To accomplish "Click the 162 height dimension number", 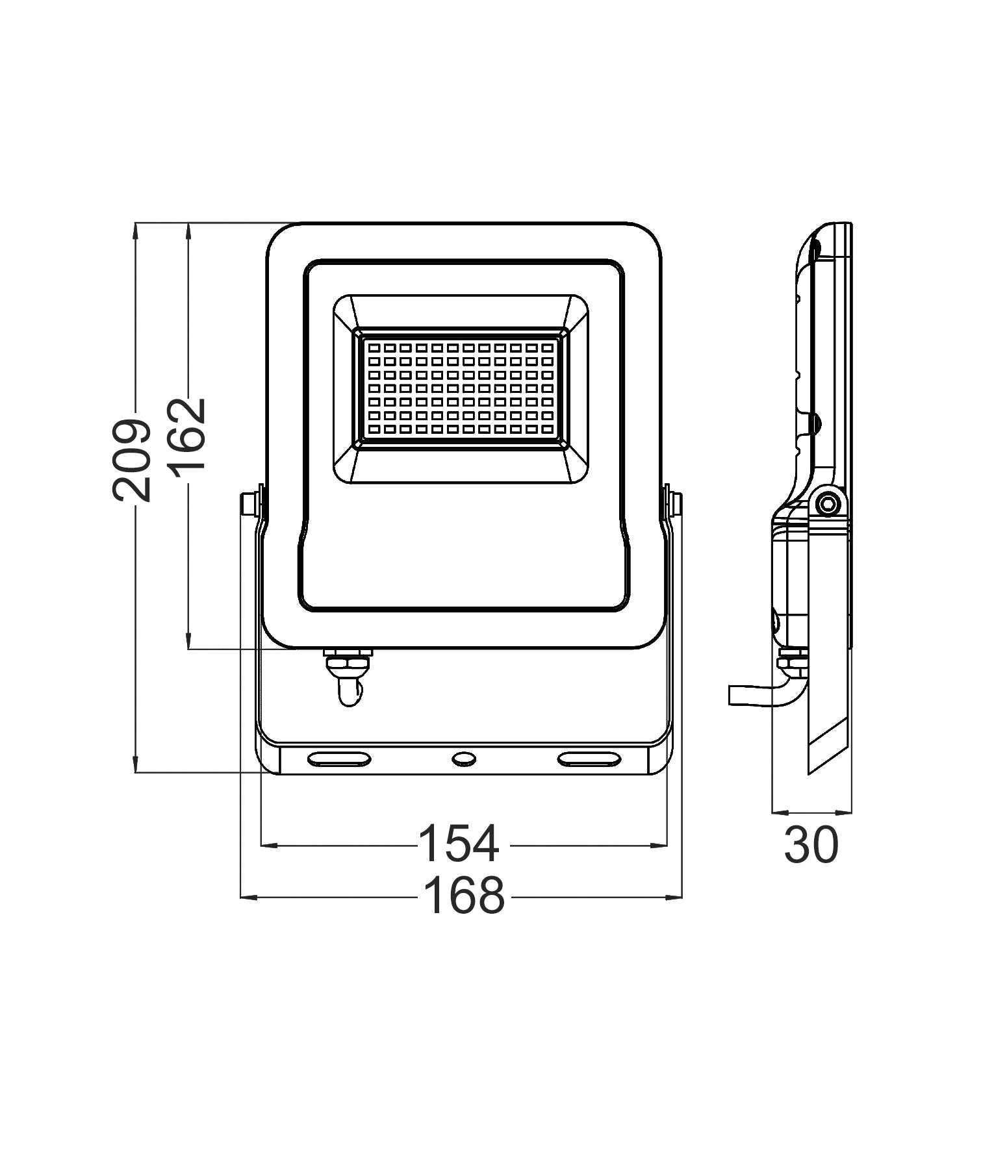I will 188,434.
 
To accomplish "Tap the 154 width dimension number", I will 459,844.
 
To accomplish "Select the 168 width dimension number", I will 463,896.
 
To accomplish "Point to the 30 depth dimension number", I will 811,846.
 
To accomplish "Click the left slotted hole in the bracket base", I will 338,758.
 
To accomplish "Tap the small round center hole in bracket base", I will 464,758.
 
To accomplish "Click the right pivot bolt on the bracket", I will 674,503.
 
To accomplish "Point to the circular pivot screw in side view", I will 827,503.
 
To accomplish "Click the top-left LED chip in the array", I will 374,347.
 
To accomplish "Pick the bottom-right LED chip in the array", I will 548,429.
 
